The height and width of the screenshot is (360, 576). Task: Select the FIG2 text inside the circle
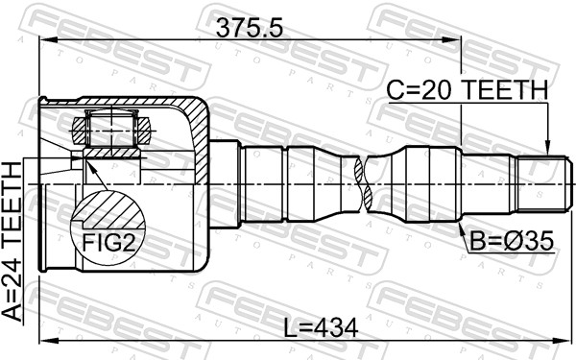pyautogui.click(x=108, y=242)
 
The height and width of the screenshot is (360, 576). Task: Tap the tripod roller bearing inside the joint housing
pyautogui.click(x=108, y=125)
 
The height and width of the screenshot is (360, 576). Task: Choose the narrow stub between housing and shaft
pyautogui.click(x=224, y=182)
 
